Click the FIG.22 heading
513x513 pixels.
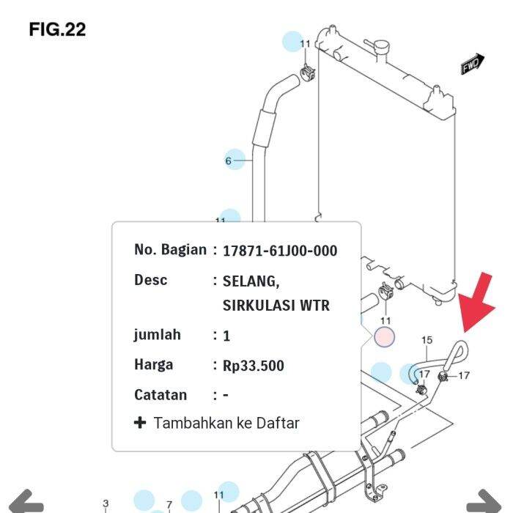(x=57, y=29)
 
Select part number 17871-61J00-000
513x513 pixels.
(x=280, y=251)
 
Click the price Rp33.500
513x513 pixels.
(x=254, y=366)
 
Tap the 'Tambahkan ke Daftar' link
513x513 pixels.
(x=226, y=423)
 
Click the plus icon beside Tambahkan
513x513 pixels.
(x=140, y=423)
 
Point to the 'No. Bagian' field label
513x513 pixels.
(x=170, y=250)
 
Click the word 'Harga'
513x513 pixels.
(x=154, y=365)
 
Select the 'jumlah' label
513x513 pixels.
(x=157, y=335)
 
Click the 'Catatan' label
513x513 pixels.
(x=160, y=395)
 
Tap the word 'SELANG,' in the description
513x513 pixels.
(x=251, y=281)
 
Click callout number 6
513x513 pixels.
(x=229, y=160)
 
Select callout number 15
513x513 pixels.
(x=427, y=340)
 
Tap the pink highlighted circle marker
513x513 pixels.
(x=385, y=337)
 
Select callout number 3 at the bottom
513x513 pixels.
(x=106, y=503)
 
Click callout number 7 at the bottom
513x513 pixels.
(x=169, y=504)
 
